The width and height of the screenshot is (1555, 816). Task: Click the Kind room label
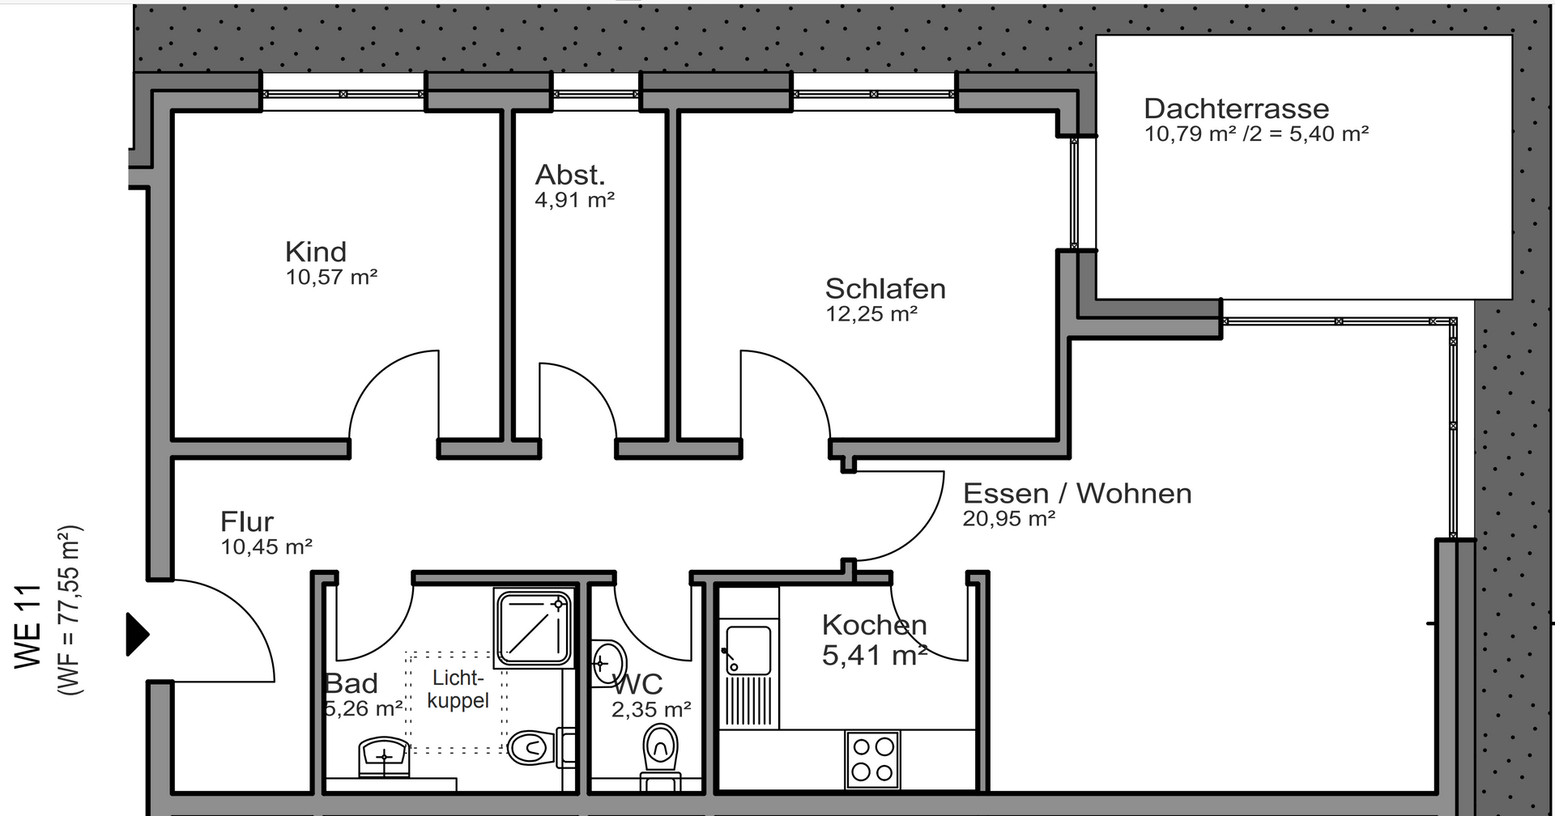(x=316, y=252)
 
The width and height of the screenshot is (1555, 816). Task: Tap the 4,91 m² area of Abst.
(x=574, y=200)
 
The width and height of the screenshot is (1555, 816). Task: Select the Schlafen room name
(x=885, y=289)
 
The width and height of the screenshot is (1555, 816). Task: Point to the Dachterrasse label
(x=1236, y=108)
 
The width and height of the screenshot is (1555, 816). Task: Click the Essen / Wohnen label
(x=1077, y=493)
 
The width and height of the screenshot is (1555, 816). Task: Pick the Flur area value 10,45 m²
(x=266, y=547)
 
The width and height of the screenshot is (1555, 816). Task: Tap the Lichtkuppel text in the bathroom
(x=458, y=689)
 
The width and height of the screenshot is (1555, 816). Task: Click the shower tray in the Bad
(x=534, y=628)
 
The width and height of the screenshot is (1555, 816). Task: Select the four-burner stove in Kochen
(x=873, y=759)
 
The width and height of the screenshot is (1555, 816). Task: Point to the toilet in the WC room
(x=661, y=749)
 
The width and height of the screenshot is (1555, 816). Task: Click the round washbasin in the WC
(x=608, y=664)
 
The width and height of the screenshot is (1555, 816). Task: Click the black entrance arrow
(x=137, y=634)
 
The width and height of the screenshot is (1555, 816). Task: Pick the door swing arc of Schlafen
(x=794, y=380)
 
